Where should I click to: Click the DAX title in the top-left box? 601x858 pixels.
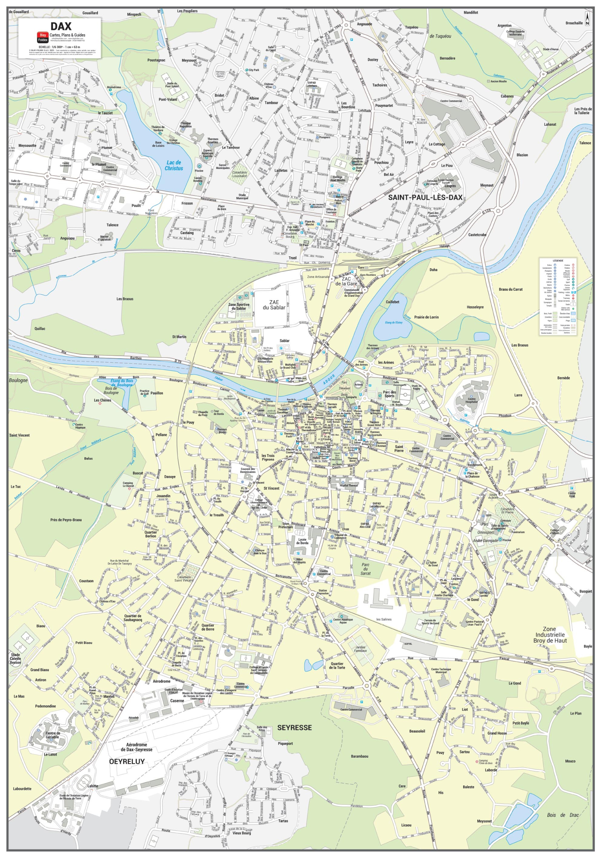coord(61,26)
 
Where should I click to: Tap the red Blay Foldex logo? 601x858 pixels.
coord(42,37)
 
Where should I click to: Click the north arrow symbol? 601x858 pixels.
coord(588,19)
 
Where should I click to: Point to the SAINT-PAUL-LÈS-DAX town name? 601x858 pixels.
coord(425,197)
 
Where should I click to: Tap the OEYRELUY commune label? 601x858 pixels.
coord(126,761)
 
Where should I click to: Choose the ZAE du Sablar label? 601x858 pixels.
coord(274,305)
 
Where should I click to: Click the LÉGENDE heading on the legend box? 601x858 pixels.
coord(558,260)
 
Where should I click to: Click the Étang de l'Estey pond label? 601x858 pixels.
coord(393,322)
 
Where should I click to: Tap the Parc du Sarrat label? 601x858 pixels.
coord(365,569)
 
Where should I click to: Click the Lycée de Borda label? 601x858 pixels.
coord(302,541)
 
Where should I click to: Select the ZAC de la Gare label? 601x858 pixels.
coord(346,281)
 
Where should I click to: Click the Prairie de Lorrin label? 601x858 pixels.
coord(426,317)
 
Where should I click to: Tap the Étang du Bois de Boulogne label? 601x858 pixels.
coord(121,383)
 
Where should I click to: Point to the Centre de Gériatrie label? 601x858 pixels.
coord(53,735)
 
